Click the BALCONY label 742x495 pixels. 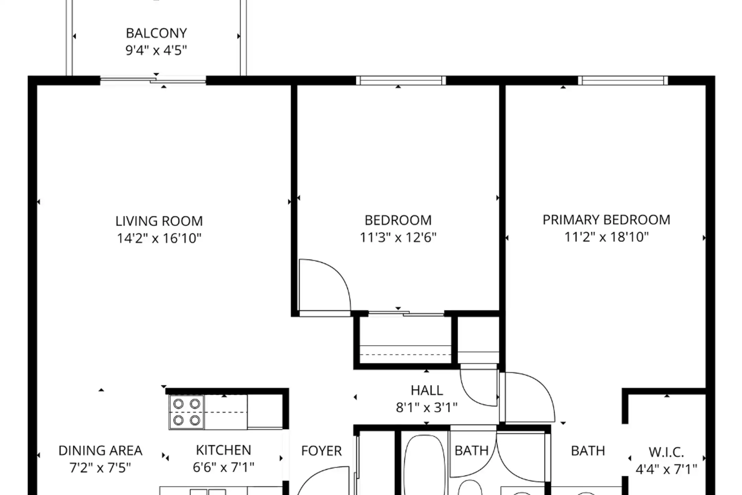156,33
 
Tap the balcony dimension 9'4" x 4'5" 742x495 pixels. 156,50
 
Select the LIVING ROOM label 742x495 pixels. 159,221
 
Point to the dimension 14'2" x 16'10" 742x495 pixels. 159,238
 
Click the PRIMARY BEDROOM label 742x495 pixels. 606,220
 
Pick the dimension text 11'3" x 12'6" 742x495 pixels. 398,237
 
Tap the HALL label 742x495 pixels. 427,390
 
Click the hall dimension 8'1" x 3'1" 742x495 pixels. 427,408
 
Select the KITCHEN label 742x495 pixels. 223,450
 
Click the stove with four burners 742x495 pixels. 187,412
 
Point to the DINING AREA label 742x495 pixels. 100,451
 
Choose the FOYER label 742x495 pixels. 322,451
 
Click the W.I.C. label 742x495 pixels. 666,452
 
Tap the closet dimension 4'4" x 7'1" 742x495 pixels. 666,469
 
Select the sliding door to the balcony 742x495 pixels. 153,81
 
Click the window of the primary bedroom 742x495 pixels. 623,81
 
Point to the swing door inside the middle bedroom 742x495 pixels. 325,285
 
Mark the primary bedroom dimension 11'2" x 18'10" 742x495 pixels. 606,237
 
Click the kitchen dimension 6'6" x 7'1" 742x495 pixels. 223,467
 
